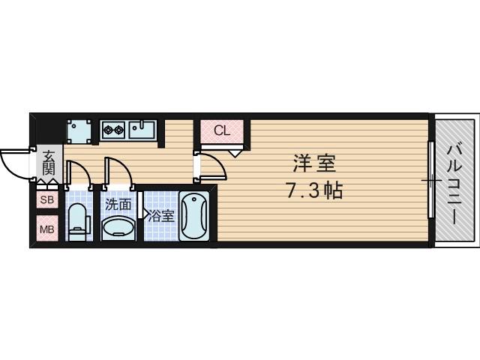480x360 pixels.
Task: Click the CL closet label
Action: [222, 130]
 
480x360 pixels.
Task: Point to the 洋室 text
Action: [313, 163]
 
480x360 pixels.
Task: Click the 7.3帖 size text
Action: [313, 190]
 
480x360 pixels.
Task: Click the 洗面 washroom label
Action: [118, 203]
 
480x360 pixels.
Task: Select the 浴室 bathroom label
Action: [160, 217]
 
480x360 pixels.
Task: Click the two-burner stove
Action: [113, 130]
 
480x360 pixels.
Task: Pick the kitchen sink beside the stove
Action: [142, 130]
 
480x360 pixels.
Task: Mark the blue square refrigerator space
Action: [79, 130]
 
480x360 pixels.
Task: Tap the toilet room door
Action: [79, 172]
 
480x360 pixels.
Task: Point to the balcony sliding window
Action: [431, 180]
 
